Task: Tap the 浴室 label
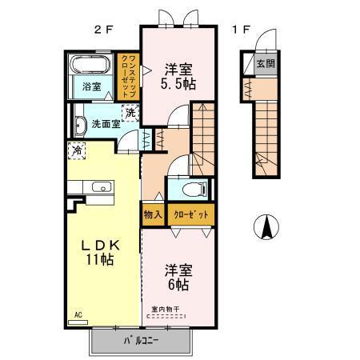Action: pyautogui.click(x=92, y=88)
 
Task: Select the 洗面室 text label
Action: pyautogui.click(x=105, y=123)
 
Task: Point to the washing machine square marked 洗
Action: pyautogui.click(x=130, y=113)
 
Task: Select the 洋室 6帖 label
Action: pyautogui.click(x=178, y=276)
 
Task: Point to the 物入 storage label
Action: pyautogui.click(x=153, y=214)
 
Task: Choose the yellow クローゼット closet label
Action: pyautogui.click(x=190, y=214)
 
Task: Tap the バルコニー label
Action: pyautogui.click(x=141, y=341)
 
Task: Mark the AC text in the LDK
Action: pyautogui.click(x=78, y=314)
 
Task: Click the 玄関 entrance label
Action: pyautogui.click(x=264, y=63)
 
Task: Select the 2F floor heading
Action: pyautogui.click(x=103, y=30)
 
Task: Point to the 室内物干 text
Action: pyautogui.click(x=166, y=308)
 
